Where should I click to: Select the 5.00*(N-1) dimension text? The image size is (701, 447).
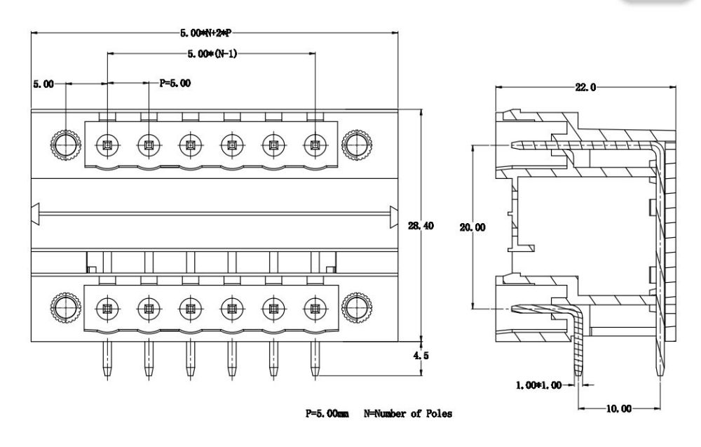point(212,53)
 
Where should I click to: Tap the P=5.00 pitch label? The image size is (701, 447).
point(175,83)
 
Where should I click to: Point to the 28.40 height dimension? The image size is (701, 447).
point(421,226)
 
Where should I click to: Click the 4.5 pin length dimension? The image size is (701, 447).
point(422,356)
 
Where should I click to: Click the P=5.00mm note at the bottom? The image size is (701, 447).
point(327,414)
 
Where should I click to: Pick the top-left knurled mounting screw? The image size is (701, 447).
point(65,146)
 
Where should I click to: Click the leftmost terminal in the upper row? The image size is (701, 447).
point(107,146)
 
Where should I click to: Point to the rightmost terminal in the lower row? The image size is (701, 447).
point(314,307)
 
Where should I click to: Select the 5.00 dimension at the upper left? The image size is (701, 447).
point(43,83)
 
